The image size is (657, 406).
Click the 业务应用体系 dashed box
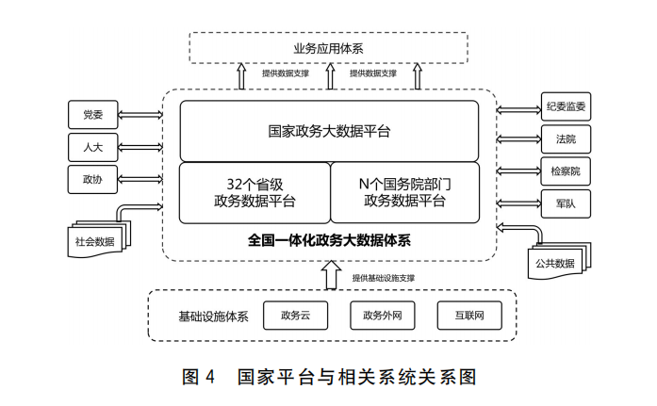[x=328, y=47]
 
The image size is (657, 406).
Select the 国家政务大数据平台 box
[x=329, y=131]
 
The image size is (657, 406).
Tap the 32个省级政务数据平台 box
[x=255, y=192]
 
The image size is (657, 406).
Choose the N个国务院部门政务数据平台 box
[x=404, y=192]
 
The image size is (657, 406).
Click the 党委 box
[x=92, y=115]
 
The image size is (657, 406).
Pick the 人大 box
[x=92, y=147]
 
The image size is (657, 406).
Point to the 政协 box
[x=92, y=178]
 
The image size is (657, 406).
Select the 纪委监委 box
[x=566, y=106]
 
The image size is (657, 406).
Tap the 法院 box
[x=566, y=138]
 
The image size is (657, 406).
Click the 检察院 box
[x=566, y=171]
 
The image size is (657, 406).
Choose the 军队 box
[x=566, y=202]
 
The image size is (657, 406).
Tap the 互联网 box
[x=468, y=316]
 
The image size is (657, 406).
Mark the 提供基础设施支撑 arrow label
[x=384, y=278]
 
